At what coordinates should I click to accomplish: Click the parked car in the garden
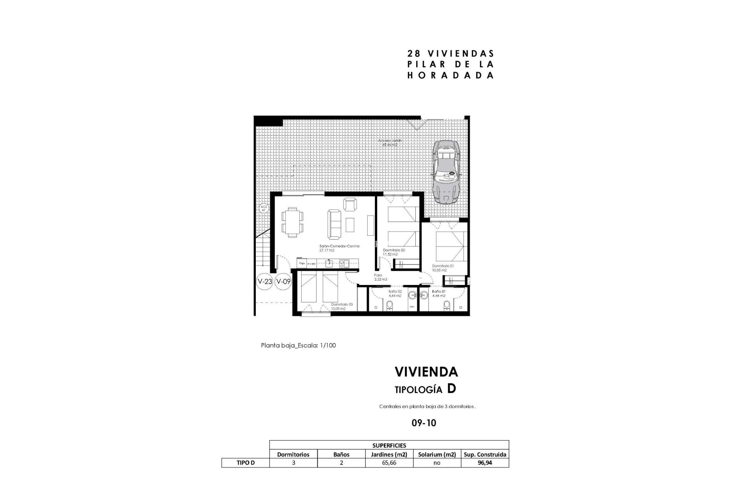tap(445, 171)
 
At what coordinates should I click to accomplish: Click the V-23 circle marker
tap(265, 282)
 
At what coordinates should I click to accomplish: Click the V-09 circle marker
tap(283, 282)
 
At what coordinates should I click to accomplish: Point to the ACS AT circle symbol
tap(263, 209)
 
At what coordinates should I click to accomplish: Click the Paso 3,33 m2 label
tap(380, 277)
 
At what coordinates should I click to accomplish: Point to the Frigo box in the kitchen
tap(302, 263)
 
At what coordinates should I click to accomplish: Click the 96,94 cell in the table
tap(484, 463)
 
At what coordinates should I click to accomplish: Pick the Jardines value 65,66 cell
tap(389, 463)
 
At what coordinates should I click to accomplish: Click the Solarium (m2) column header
tap(437, 454)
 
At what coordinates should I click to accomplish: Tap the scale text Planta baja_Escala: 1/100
tap(298, 345)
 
